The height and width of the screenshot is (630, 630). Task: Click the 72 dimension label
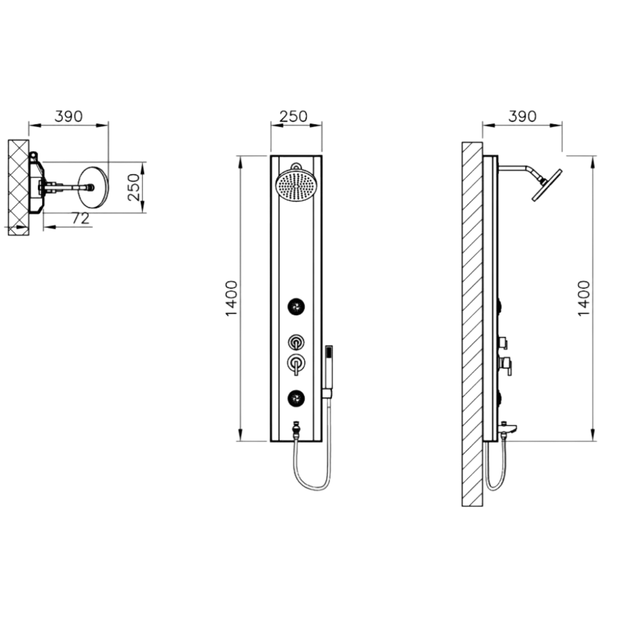coord(80,218)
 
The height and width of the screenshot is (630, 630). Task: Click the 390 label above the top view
coord(69,116)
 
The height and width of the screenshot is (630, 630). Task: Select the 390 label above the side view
coord(522,116)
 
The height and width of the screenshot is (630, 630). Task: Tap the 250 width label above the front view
coord(293,116)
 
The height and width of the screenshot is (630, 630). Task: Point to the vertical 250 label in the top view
coord(134,187)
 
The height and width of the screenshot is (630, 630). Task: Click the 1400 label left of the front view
coord(232,299)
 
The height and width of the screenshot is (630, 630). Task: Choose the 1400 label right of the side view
coord(584,299)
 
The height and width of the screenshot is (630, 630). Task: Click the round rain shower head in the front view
coord(296,185)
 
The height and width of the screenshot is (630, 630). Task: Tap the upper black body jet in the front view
coord(296,307)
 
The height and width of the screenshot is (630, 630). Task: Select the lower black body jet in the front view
coord(296,398)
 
